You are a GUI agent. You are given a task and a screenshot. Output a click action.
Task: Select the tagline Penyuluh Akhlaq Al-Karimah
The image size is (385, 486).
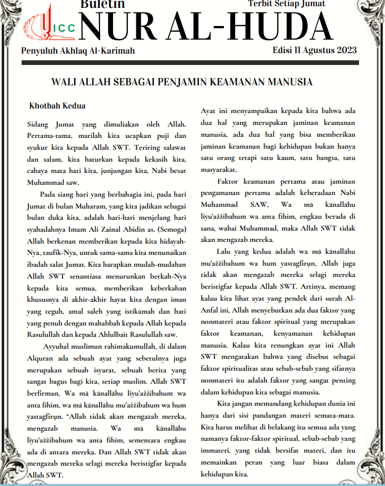77,51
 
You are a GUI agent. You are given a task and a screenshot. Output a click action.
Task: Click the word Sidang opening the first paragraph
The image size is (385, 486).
38,123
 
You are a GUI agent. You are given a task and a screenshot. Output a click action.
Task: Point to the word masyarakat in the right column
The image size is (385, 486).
220,169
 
